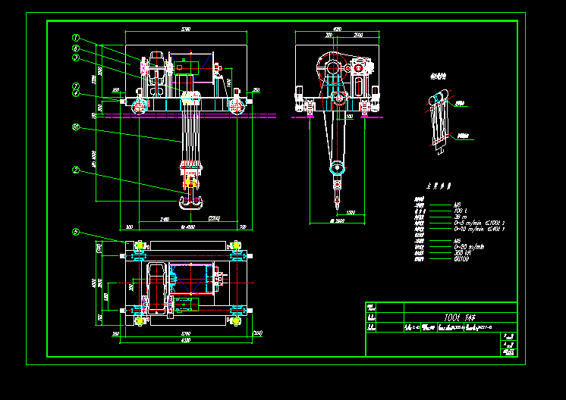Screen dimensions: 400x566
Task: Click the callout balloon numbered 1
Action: [76, 37]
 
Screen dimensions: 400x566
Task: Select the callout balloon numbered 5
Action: [76, 232]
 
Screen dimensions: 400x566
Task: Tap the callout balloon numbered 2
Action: [76, 170]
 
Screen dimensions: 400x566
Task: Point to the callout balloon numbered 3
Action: [76, 57]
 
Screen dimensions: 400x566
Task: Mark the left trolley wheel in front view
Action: [139, 105]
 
